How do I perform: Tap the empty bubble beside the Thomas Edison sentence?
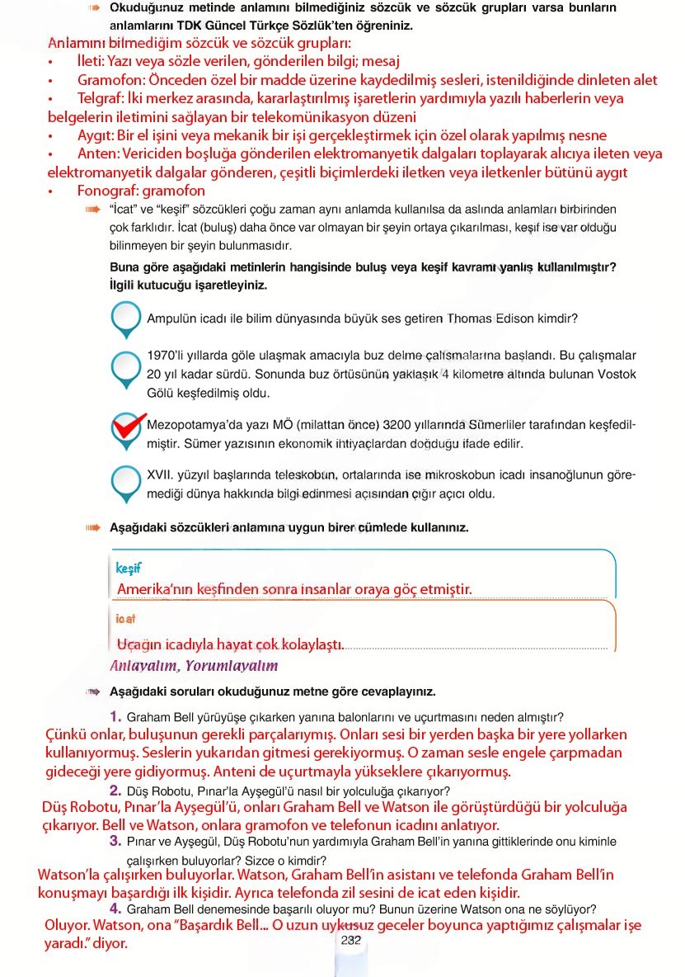(125, 317)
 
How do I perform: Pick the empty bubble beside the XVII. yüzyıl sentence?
(125, 480)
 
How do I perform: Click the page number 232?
(350, 939)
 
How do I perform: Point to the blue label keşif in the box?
(129, 569)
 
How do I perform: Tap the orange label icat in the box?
(125, 618)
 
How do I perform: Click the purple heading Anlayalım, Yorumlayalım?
(194, 665)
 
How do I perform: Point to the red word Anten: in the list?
(98, 153)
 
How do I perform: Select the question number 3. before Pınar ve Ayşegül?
(115, 841)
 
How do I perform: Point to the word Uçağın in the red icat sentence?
(137, 644)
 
